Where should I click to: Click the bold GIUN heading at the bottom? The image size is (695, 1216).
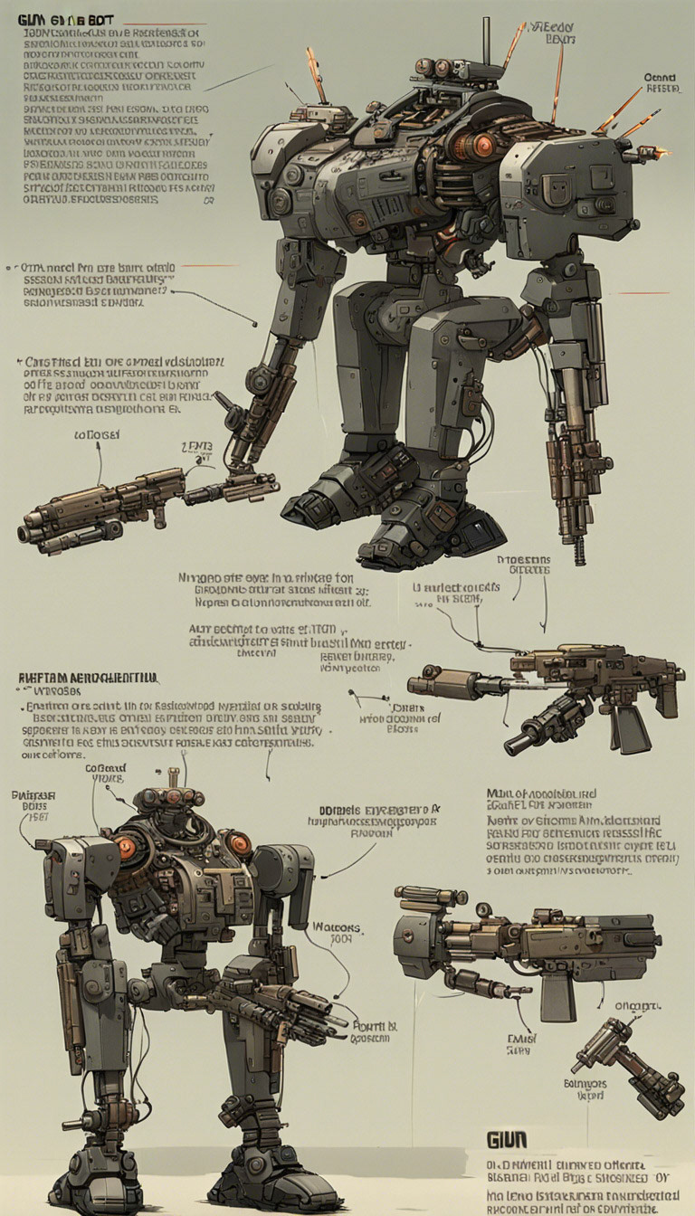coord(507,1138)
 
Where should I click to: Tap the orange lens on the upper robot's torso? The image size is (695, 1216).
coord(484,145)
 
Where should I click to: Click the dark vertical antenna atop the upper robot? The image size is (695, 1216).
coord(486,41)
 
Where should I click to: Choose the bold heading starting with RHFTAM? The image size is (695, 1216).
coord(88,678)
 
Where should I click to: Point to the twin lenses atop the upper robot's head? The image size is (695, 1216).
coord(434,68)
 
